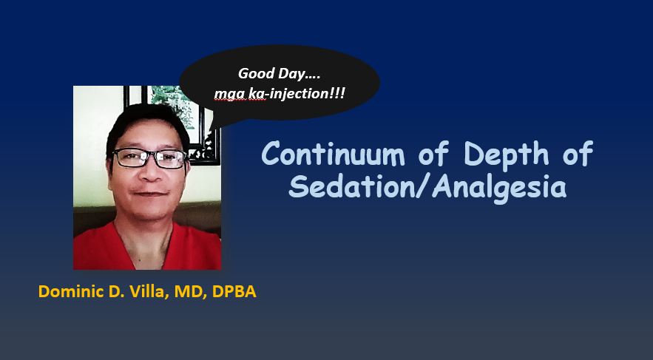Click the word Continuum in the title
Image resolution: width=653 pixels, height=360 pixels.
(x=333, y=154)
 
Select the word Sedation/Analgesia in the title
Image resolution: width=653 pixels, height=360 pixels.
(x=427, y=187)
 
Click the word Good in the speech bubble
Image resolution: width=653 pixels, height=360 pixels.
(x=254, y=74)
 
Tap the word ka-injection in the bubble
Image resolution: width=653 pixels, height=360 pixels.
(x=287, y=93)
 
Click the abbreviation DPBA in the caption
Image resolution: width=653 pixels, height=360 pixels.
(x=234, y=291)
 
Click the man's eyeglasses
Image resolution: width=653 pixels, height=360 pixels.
(x=150, y=158)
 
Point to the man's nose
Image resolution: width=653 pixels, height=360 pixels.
(x=149, y=171)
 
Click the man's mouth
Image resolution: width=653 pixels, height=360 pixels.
(x=151, y=194)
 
